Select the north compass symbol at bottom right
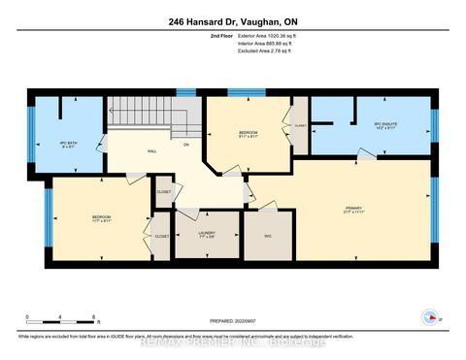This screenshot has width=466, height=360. pyautogui.click(x=428, y=315)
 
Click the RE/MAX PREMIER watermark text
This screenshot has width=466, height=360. pyautogui.click(x=233, y=342)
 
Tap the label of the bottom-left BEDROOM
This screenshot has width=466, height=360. pyautogui.click(x=101, y=217)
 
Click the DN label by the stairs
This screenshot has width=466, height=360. pyautogui.click(x=185, y=145)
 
